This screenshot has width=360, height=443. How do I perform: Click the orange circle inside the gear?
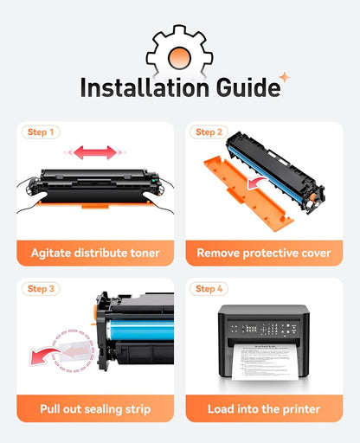click(x=179, y=58)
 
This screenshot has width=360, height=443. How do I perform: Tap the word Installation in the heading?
click(x=145, y=87)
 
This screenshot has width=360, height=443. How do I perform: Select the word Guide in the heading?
click(x=248, y=87)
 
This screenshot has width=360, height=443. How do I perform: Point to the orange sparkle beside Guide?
click(x=285, y=77)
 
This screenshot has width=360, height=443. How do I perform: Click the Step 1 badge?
click(x=41, y=132)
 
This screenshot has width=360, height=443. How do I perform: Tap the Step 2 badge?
click(x=209, y=132)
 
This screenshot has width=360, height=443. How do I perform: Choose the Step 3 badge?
click(x=41, y=289)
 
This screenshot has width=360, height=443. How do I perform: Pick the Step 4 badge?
click(x=209, y=289)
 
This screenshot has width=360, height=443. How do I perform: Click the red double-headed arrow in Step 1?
click(x=95, y=152)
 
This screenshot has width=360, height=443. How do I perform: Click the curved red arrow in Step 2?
click(x=257, y=183)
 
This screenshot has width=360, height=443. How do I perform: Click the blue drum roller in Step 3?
click(x=141, y=330)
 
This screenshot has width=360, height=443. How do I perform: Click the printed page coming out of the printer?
click(x=265, y=362)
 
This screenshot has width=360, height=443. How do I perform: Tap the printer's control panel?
click(x=263, y=329)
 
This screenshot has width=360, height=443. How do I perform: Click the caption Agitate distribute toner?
click(x=95, y=253)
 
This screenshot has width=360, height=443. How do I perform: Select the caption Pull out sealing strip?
click(x=95, y=409)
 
